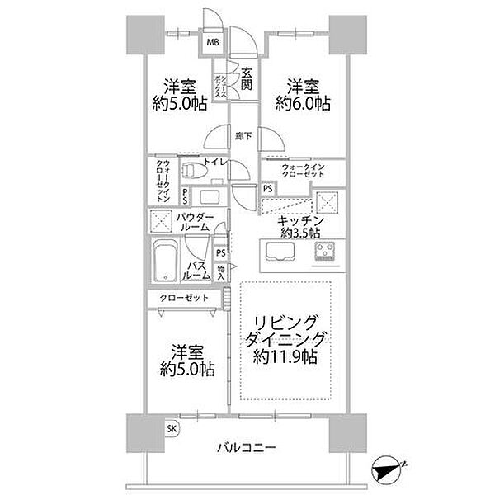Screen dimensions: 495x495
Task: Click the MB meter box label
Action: (x=212, y=42)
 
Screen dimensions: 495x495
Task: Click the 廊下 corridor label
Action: (x=243, y=136)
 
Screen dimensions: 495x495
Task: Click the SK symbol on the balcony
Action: (x=172, y=427)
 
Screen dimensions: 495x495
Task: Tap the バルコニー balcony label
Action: (x=247, y=450)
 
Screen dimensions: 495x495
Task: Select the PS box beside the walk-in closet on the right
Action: (x=267, y=188)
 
